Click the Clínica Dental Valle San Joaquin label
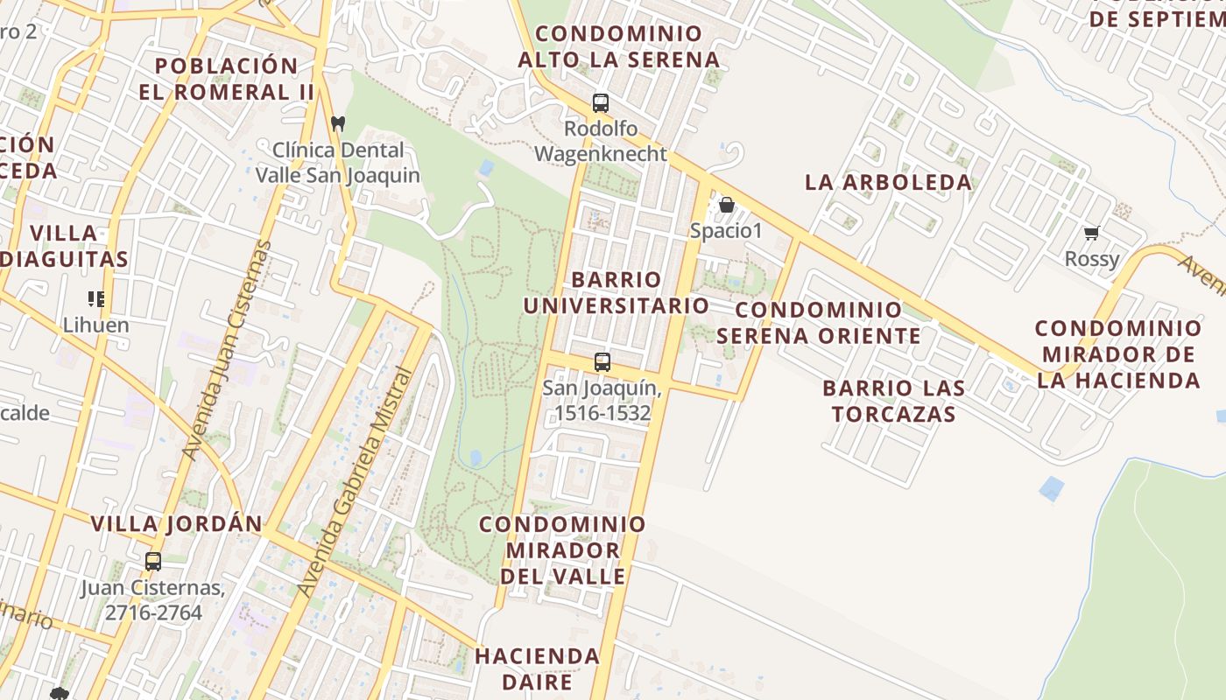click(338, 163)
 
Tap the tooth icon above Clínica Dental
click(338, 124)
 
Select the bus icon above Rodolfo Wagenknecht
click(601, 103)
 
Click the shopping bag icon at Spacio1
click(727, 206)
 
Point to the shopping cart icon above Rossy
click(1091, 234)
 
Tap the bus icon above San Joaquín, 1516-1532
click(602, 361)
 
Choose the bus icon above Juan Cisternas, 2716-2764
click(153, 562)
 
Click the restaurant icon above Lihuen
click(96, 299)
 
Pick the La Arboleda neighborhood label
click(888, 182)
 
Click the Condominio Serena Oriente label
click(819, 323)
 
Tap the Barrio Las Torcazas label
click(893, 401)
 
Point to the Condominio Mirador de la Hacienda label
click(1118, 354)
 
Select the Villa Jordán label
click(177, 524)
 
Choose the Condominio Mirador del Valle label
click(563, 550)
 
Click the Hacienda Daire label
click(538, 668)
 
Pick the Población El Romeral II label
click(226, 79)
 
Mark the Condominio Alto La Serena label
click(618, 46)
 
